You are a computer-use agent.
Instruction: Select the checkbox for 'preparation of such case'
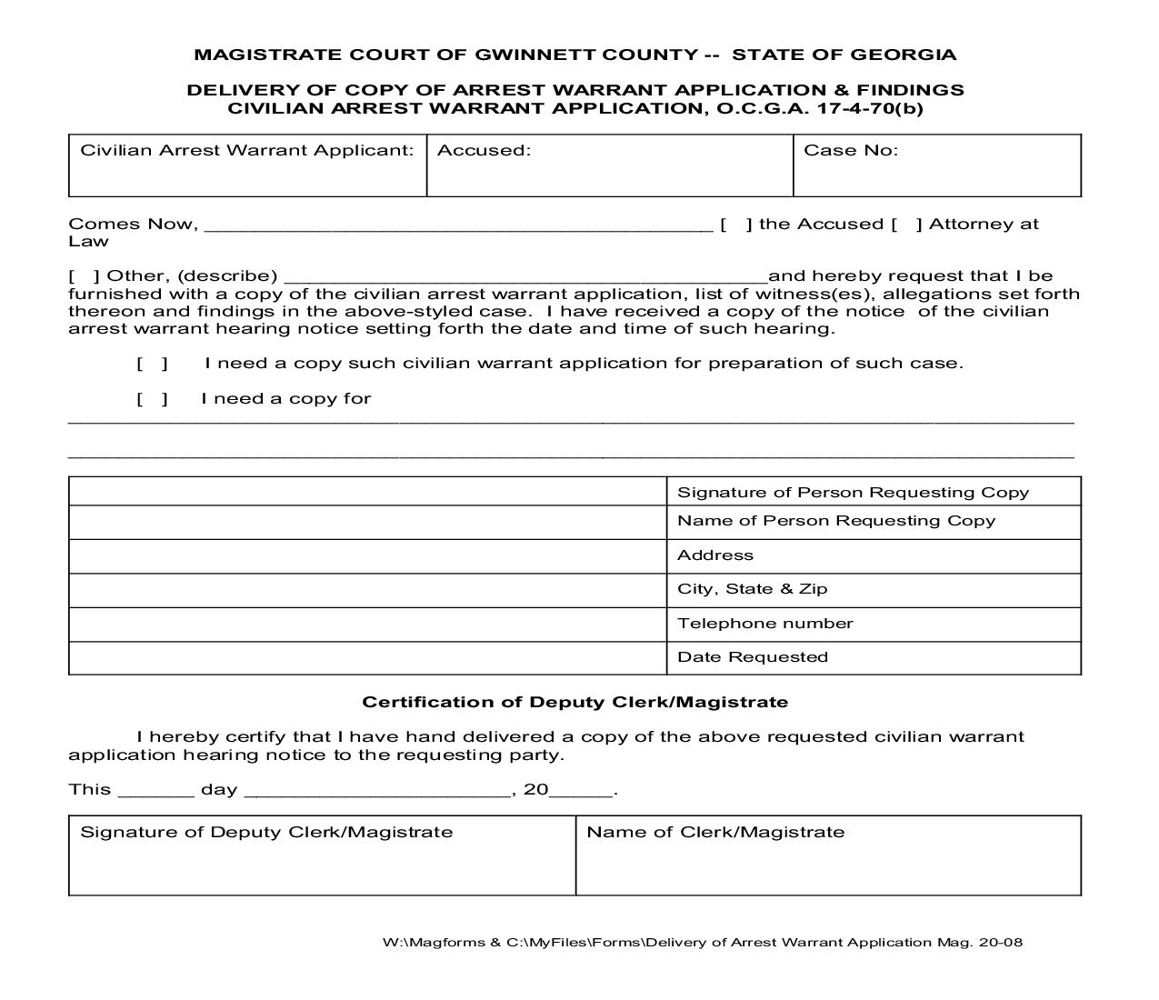[153, 364]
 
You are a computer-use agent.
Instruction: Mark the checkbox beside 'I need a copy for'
[153, 399]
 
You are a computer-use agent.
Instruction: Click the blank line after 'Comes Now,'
[458, 226]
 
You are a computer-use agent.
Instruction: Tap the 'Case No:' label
[851, 151]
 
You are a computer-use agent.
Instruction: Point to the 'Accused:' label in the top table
[484, 151]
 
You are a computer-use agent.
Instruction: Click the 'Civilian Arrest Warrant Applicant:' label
[247, 151]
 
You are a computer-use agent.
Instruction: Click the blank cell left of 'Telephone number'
[367, 624]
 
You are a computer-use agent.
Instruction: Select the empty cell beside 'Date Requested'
[367, 657]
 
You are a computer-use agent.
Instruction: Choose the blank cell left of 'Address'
[367, 555]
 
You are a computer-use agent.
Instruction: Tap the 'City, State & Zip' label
[753, 589]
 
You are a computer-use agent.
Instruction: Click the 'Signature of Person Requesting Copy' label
[853, 493]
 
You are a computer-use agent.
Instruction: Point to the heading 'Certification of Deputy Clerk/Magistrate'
[575, 703]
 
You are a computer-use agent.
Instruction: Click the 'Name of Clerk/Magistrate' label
[715, 833]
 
